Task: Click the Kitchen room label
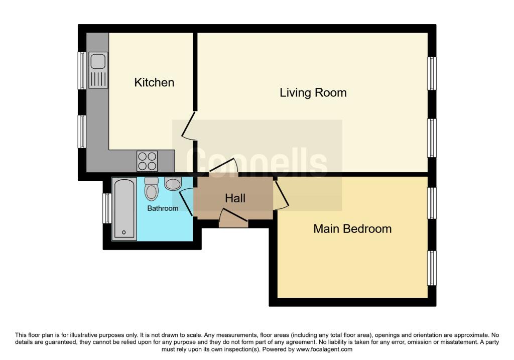pyautogui.click(x=154, y=82)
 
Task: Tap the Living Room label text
pyautogui.click(x=313, y=93)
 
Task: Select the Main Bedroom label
pyautogui.click(x=352, y=229)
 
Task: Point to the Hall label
pyautogui.click(x=235, y=198)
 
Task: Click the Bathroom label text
pyautogui.click(x=163, y=208)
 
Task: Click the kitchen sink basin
pyautogui.click(x=98, y=61)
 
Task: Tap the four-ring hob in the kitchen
pyautogui.click(x=147, y=161)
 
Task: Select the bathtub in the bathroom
pyautogui.click(x=124, y=209)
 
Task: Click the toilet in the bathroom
pyautogui.click(x=152, y=189)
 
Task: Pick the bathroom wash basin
pyautogui.click(x=173, y=184)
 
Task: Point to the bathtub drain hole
pyautogui.click(x=124, y=232)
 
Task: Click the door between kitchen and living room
pyautogui.click(x=189, y=126)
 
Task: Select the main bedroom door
pyautogui.click(x=281, y=195)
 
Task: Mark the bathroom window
pyautogui.click(x=107, y=208)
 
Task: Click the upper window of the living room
pyautogui.click(x=432, y=73)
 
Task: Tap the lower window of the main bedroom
pyautogui.click(x=432, y=268)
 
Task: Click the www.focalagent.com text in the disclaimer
pyautogui.click(x=324, y=349)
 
